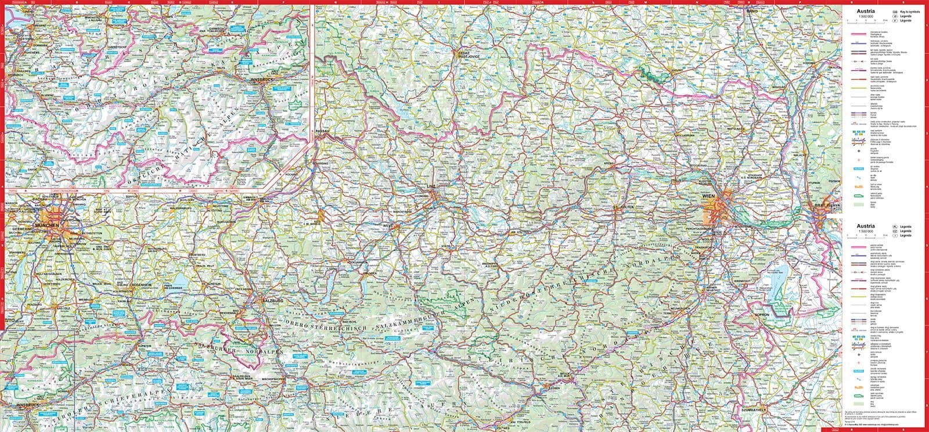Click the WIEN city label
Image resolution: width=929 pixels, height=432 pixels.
click(x=708, y=197)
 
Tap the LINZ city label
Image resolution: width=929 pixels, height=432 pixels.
click(x=430, y=186)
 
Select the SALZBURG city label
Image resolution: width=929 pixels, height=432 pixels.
click(x=273, y=300)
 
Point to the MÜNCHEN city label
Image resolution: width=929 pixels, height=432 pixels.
click(x=46, y=225)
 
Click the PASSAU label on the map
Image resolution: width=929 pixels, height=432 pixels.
click(x=323, y=132)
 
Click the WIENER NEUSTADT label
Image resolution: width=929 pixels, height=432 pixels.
click(x=711, y=288)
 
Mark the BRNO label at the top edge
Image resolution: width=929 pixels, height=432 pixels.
click(x=753, y=11)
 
